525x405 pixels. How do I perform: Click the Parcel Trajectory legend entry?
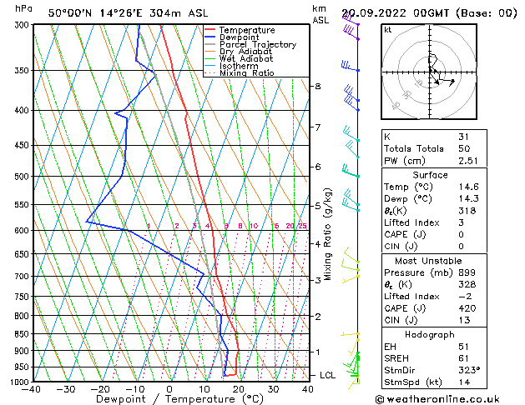click(257, 44)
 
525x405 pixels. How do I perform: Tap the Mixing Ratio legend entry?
click(248, 73)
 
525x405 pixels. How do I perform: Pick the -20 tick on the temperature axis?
click(99, 388)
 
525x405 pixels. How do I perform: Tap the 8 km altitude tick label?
click(317, 87)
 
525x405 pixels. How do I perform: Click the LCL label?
click(328, 375)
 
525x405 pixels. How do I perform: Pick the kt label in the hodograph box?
click(387, 29)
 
